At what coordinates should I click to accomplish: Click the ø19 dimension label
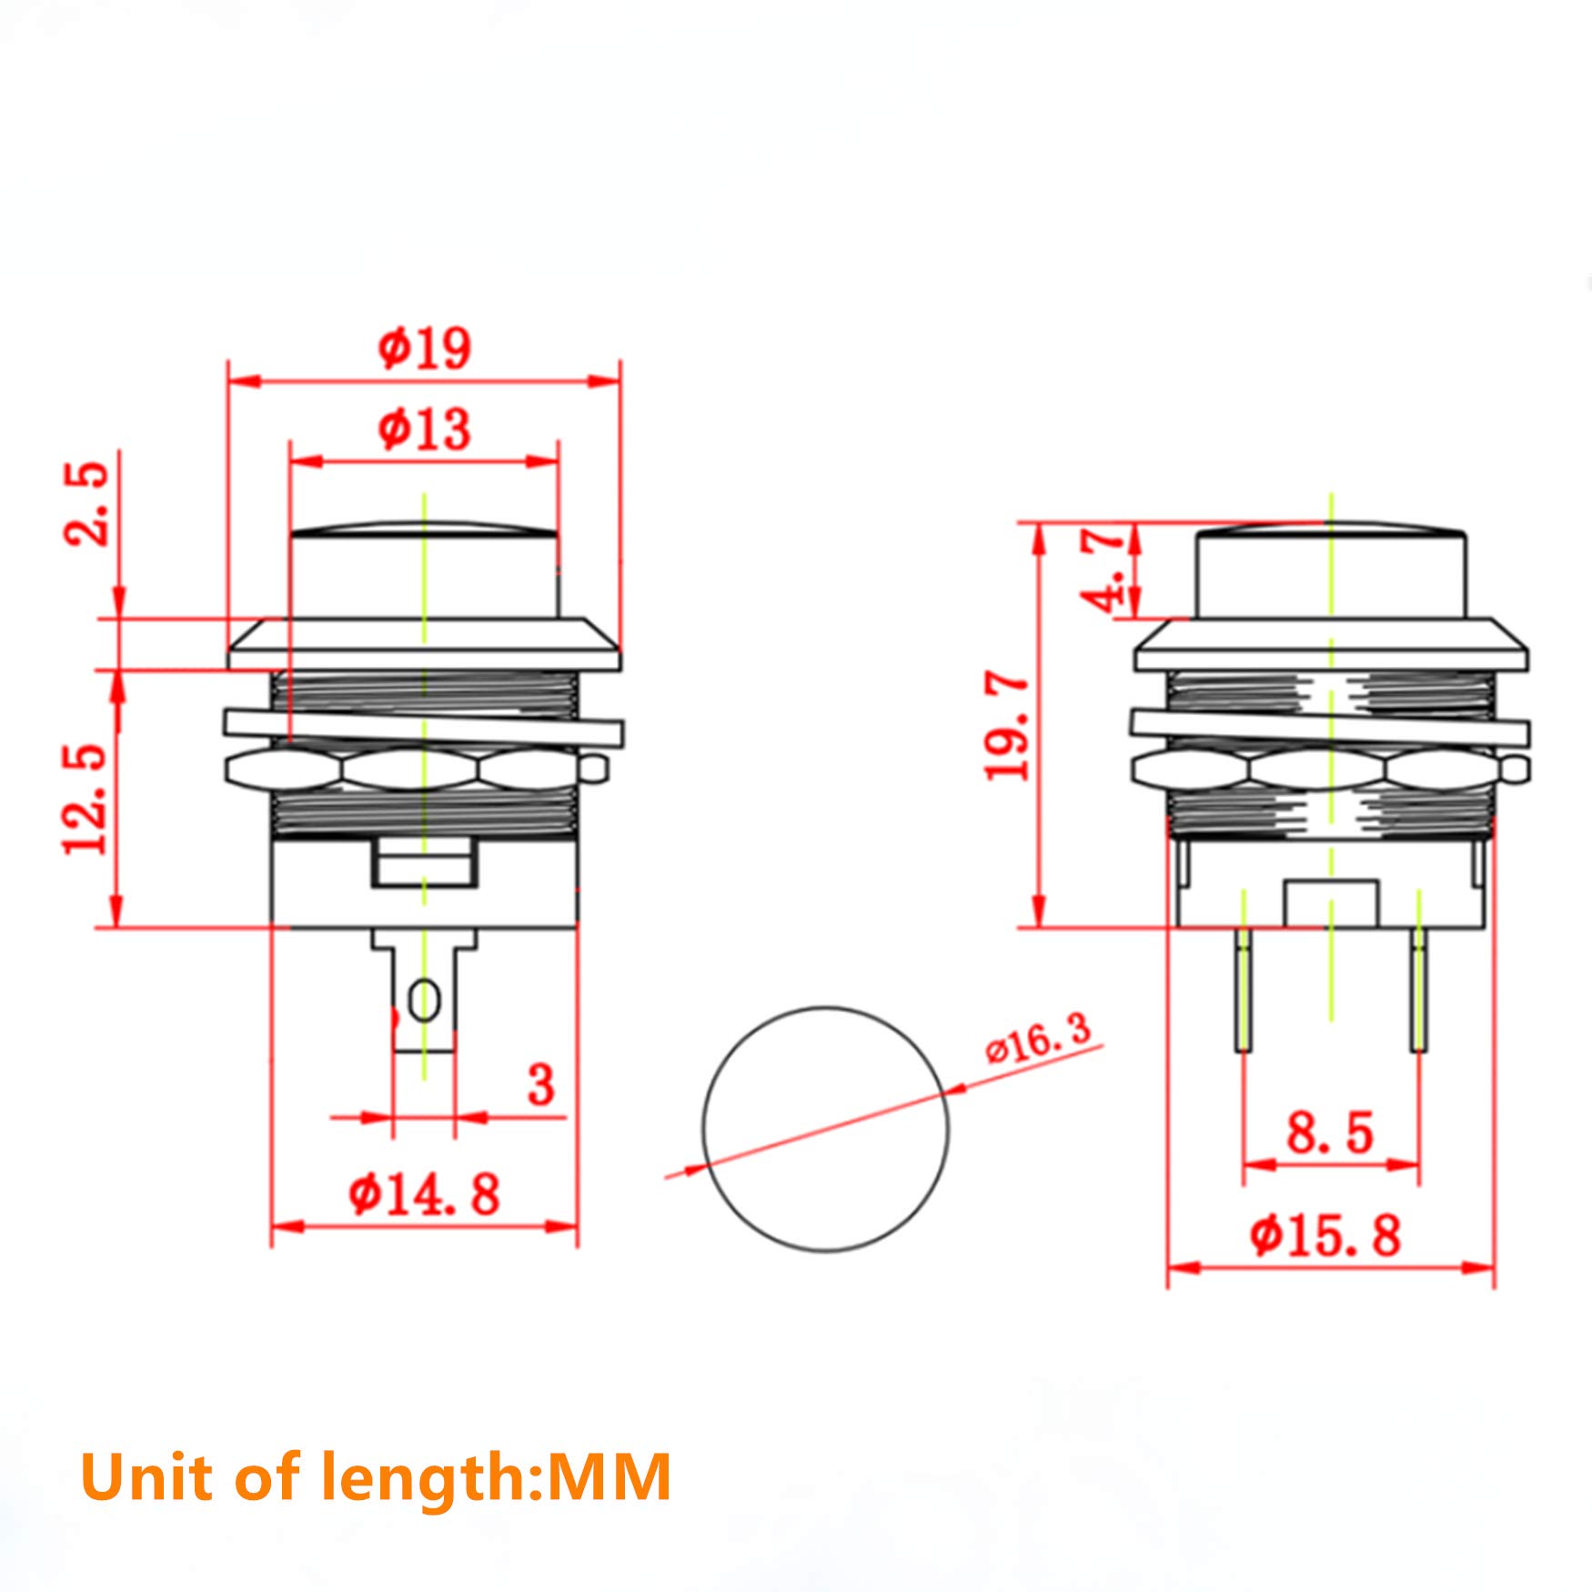[424, 348]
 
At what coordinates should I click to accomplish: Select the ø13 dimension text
[424, 428]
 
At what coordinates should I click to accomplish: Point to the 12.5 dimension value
[86, 799]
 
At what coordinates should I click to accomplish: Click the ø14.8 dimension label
[424, 1194]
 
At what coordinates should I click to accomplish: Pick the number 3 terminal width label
[540, 1084]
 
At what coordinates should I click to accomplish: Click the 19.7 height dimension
[1008, 726]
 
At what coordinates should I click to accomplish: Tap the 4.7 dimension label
[1103, 570]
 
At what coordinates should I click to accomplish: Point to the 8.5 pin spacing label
[1329, 1134]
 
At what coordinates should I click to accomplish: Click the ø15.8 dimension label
[1325, 1236]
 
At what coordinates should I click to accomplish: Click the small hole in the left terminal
[424, 1002]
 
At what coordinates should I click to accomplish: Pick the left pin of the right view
[1243, 989]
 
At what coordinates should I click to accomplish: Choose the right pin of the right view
[1418, 989]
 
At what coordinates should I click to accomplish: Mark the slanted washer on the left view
[424, 729]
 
